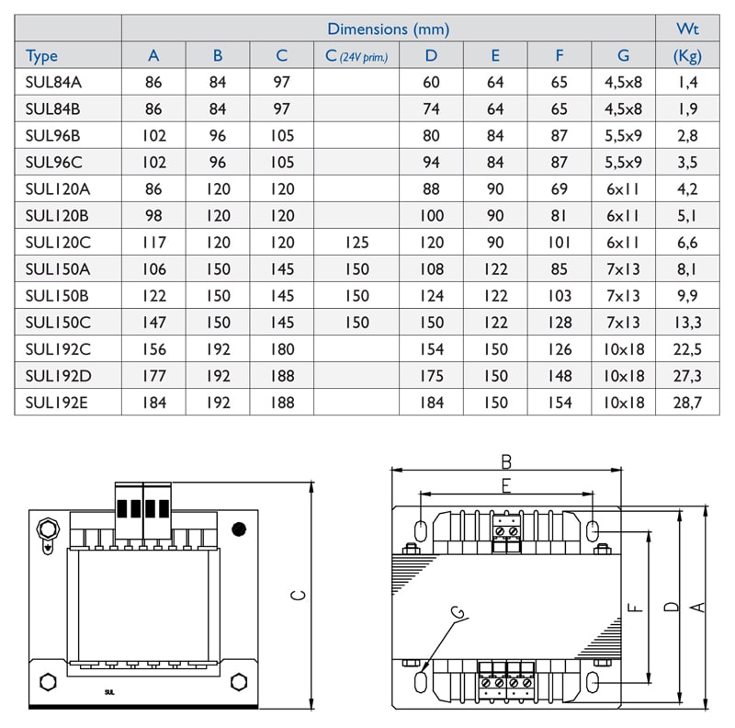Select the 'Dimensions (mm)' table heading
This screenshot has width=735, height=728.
(x=388, y=29)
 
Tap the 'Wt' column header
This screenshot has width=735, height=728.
(x=686, y=29)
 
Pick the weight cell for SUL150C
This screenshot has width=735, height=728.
(x=686, y=323)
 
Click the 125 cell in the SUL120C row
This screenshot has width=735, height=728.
(x=356, y=243)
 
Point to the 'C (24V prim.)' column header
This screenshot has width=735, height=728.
(x=356, y=56)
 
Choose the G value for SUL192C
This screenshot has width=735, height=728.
(x=624, y=349)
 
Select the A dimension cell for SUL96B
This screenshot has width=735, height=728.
(x=153, y=136)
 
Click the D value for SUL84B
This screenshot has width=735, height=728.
(x=431, y=109)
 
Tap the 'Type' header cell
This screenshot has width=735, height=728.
(x=42, y=56)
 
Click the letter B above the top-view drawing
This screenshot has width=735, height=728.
(x=505, y=461)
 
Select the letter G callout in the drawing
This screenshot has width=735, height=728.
(x=457, y=613)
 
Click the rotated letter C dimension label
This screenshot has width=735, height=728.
(x=298, y=596)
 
